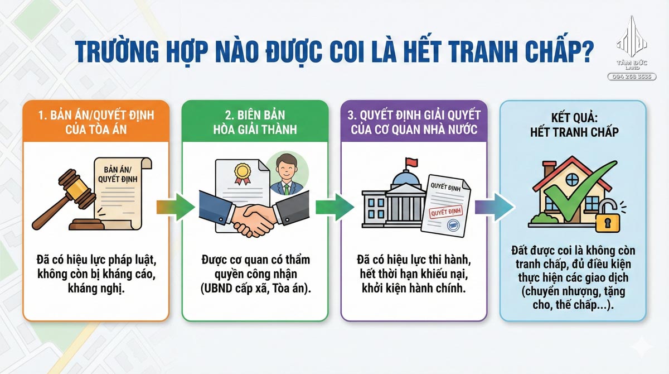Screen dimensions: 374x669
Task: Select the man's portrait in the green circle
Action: click(x=286, y=174)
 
